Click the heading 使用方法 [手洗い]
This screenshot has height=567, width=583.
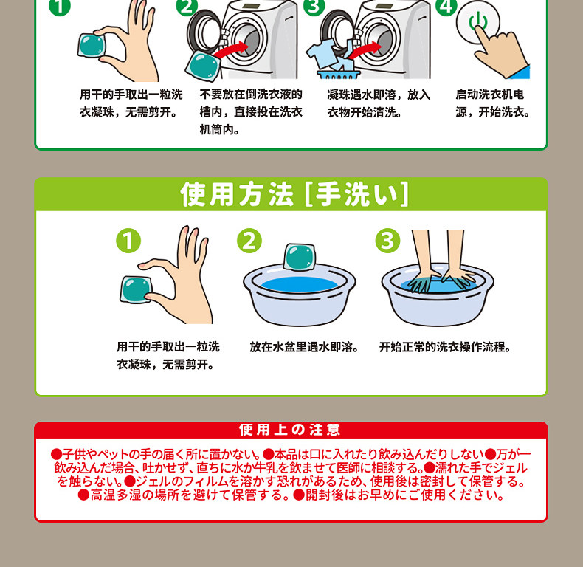click(x=294, y=194)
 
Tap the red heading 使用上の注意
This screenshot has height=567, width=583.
click(x=289, y=430)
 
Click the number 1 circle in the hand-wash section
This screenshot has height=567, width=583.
click(x=128, y=241)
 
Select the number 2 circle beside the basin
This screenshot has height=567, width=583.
click(x=249, y=241)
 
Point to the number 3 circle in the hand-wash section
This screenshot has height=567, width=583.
click(x=387, y=241)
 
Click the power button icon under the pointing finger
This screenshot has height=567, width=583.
click(x=477, y=21)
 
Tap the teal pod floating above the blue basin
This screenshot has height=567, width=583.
click(x=300, y=257)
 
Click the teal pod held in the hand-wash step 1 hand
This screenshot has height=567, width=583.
click(x=136, y=289)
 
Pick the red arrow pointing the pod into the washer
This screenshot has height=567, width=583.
click(x=231, y=50)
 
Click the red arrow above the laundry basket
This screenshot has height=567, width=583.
click(x=365, y=50)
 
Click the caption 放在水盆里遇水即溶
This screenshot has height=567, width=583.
click(x=304, y=347)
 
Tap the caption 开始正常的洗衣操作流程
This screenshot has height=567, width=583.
click(x=445, y=347)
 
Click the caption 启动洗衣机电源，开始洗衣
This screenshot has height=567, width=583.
click(x=493, y=103)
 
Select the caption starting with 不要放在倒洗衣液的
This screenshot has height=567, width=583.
click(x=251, y=111)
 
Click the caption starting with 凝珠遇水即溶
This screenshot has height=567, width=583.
click(x=379, y=103)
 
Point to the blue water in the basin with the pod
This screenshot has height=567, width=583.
click(x=300, y=284)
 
